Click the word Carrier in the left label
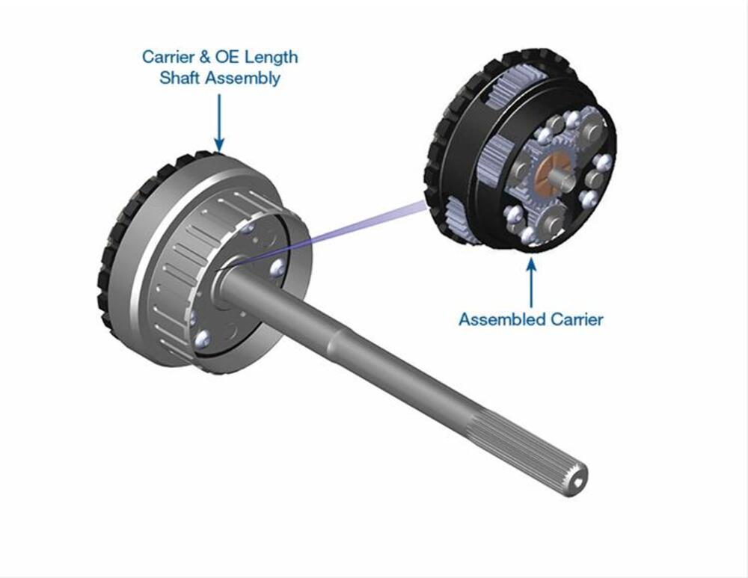pos(168,58)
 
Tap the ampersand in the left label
pos(205,58)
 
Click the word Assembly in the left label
pos(242,79)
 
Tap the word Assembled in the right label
pos(502,319)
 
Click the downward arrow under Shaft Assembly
pos(219,123)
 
